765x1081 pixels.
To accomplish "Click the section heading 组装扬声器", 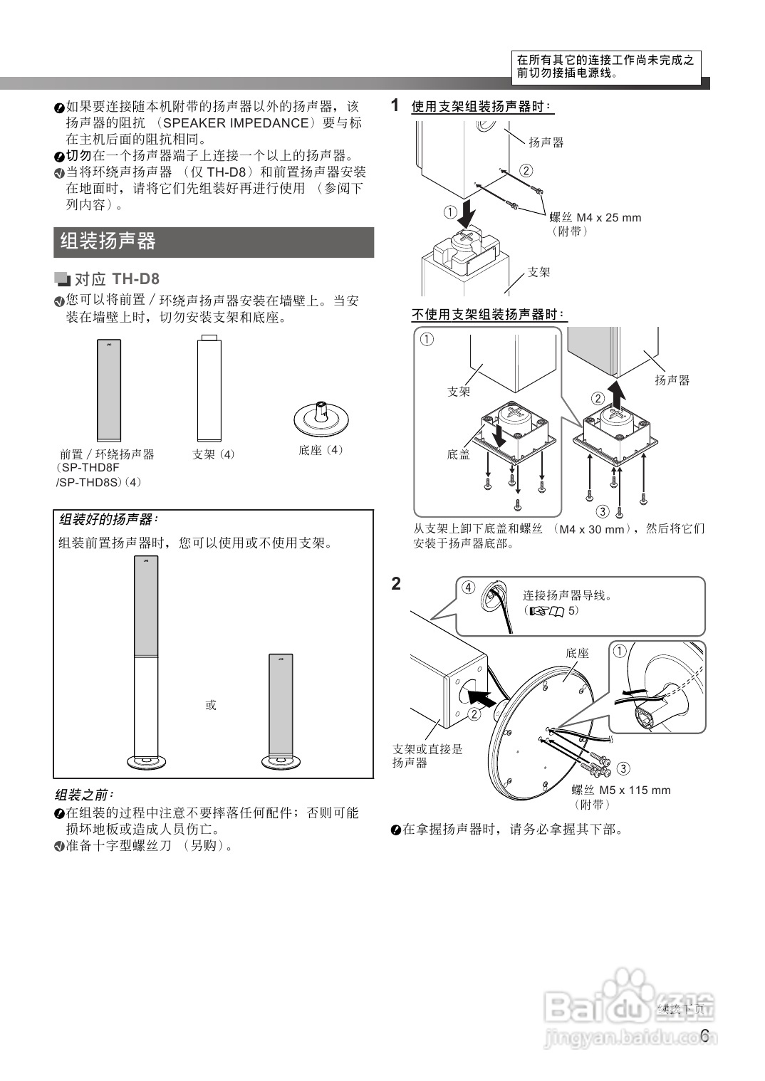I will tap(108, 241).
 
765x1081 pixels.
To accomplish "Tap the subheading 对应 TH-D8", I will tap(117, 278).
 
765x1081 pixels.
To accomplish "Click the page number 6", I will tap(704, 1035).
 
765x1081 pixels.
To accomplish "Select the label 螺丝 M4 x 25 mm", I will tap(595, 217).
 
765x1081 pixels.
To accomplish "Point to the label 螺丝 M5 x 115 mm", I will tap(620, 790).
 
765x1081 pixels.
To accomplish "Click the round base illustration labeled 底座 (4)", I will tap(321, 418).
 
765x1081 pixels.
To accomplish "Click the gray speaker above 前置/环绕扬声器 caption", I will tap(109, 390).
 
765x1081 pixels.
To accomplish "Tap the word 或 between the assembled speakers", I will tap(211, 705).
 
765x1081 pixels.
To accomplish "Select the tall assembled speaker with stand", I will tap(147, 662).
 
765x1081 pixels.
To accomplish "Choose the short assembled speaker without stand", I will tap(280, 709).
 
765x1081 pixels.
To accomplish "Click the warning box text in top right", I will tap(605, 66).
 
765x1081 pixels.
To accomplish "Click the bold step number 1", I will tap(395, 105).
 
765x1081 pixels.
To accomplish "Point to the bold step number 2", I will tap(396, 584).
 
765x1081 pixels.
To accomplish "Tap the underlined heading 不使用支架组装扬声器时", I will tap(489, 314).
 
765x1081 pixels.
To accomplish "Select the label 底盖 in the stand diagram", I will tap(458, 454).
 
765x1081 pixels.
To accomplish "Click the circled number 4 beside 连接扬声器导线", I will tap(467, 587).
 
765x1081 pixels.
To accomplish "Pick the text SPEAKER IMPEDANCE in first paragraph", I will tap(236, 122).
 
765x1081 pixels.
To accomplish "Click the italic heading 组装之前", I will tap(84, 794).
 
